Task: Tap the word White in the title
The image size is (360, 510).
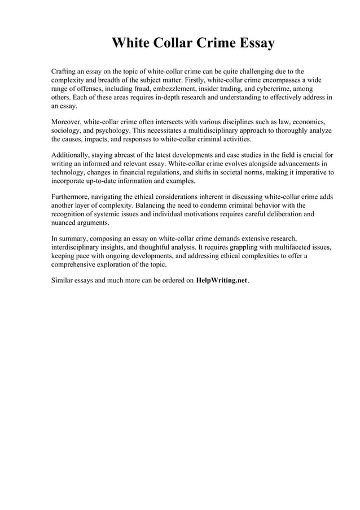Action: tap(130, 43)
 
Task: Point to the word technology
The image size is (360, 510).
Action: tap(70, 172)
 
